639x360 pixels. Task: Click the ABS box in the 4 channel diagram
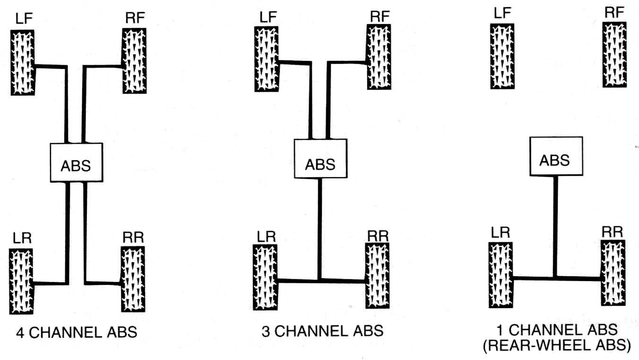tap(77, 162)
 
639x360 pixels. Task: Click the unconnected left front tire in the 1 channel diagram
tap(501, 56)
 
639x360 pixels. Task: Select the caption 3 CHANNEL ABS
tap(322, 330)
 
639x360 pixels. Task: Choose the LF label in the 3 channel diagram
tap(268, 17)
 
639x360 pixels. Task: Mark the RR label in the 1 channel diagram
tap(613, 231)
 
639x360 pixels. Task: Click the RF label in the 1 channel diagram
tap(614, 13)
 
